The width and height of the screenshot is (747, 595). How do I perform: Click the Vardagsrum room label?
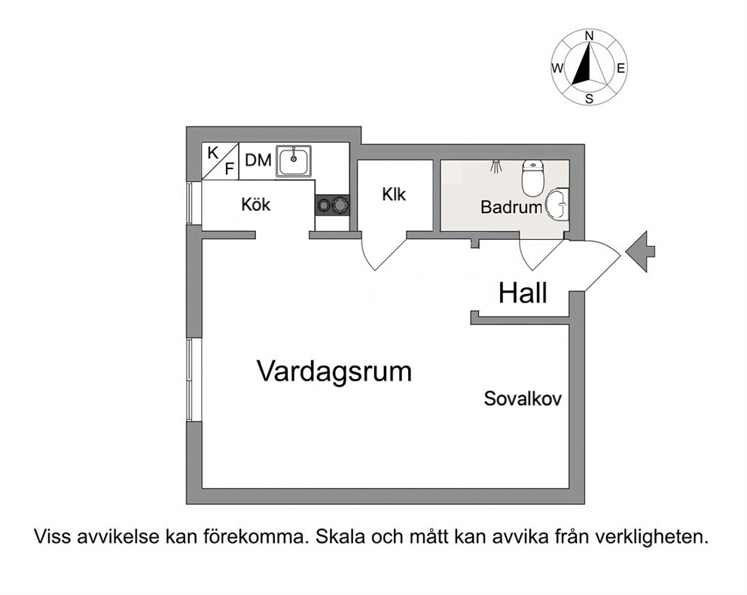point(334,372)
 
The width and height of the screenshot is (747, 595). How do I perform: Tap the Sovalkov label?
point(523,399)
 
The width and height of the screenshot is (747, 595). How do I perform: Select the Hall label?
point(523,293)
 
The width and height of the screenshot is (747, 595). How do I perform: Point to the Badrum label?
point(511,207)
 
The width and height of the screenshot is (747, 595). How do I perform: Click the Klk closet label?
point(394,194)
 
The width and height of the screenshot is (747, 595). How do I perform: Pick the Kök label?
point(256,204)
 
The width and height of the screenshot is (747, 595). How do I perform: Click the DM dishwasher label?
point(258,160)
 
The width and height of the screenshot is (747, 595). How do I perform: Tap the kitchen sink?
point(294,162)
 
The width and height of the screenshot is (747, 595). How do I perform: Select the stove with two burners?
point(332,205)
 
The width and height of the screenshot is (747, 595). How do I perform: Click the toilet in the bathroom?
point(532,178)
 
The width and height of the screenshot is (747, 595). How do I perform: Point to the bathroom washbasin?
point(557,205)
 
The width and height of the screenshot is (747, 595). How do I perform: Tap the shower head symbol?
point(496,166)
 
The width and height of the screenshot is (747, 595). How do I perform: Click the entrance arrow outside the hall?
point(640,251)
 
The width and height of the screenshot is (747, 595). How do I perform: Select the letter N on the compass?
point(590,35)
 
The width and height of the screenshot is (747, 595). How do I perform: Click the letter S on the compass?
point(590,99)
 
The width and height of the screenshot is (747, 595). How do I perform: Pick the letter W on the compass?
point(557,68)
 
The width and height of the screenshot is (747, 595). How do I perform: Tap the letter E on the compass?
point(620,68)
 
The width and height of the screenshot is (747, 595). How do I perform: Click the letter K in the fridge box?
point(213,153)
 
